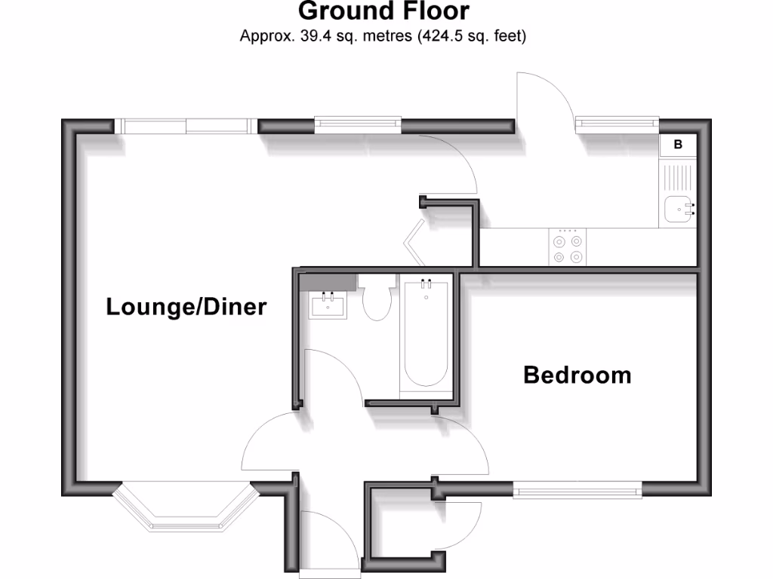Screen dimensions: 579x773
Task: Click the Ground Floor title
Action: pyautogui.click(x=383, y=11)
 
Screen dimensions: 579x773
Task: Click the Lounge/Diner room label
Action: pyautogui.click(x=186, y=308)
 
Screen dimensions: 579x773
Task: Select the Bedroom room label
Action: pyautogui.click(x=577, y=375)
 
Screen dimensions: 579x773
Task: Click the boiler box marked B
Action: pyautogui.click(x=677, y=145)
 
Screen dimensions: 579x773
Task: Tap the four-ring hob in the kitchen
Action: pyautogui.click(x=567, y=249)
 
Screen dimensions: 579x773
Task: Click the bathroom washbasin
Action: pyautogui.click(x=328, y=306)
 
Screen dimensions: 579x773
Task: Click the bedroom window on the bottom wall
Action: pyautogui.click(x=577, y=492)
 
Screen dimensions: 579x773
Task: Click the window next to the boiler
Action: pyautogui.click(x=616, y=124)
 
